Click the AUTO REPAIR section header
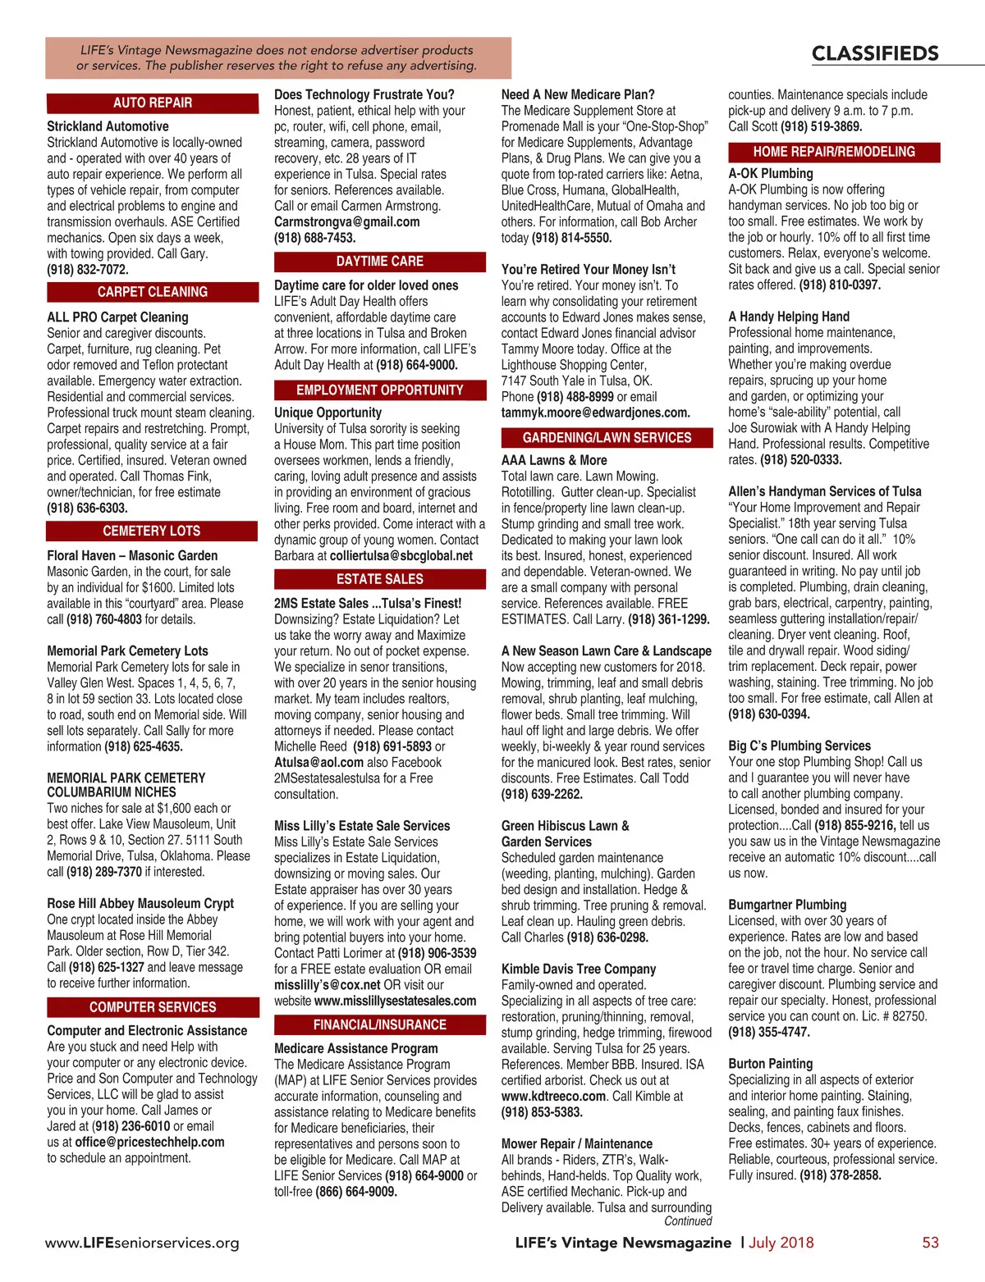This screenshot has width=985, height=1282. pos(153,103)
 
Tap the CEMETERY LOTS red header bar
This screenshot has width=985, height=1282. pos(153,532)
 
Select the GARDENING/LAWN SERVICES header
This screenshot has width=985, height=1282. pos(607,438)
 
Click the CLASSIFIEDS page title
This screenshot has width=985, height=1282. pos(875,54)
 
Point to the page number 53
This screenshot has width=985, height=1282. pos(930,1243)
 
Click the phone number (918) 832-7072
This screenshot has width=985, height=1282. pos(88,270)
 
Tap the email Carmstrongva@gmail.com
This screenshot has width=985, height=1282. pos(346,222)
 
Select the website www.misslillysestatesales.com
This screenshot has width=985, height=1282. pos(395,1001)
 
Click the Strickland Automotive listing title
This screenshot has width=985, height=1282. pos(108,126)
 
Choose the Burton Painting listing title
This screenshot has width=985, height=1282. pos(770,1064)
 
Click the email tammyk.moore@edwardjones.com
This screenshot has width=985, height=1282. pos(595,413)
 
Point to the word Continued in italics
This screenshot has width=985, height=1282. pos(688,1221)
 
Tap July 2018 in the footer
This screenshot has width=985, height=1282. pos(781,1243)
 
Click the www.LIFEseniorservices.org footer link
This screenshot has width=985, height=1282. pos(142,1243)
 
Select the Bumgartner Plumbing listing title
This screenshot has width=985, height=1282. pos(787,905)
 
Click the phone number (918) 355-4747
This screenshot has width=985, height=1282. pos(769,1033)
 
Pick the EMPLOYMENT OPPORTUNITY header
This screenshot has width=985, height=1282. pos(379,390)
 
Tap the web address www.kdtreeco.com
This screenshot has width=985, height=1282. pos(554,1097)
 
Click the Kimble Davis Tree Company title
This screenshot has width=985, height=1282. pos(579,969)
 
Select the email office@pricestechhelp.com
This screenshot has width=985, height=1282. pos(149,1143)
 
